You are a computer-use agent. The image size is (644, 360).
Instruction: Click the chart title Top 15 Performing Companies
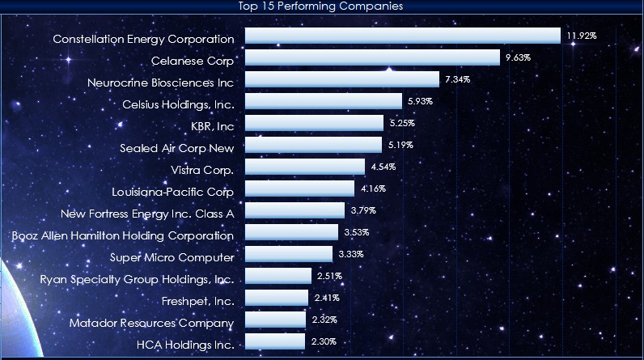tap(321, 6)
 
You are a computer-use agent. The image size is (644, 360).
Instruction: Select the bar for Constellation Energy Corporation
tap(402, 36)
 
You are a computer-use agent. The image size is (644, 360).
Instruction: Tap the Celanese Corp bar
tap(372, 58)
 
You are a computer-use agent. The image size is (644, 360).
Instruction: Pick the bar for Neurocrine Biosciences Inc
tap(342, 80)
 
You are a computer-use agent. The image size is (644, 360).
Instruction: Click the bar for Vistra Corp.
tap(304, 167)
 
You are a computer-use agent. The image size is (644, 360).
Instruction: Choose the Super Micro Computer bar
tap(288, 255)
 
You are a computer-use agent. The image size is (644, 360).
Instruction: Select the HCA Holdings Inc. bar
tap(275, 342)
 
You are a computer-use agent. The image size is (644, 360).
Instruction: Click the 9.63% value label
tap(518, 57)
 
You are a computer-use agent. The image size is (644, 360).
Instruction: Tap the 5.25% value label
tap(401, 123)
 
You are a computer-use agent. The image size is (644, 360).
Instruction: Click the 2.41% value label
tap(326, 298)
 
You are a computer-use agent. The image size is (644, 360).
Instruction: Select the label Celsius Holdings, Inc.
tap(178, 104)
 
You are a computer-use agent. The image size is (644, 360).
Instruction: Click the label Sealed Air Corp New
tap(176, 147)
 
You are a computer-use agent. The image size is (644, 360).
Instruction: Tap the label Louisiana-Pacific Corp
tap(173, 192)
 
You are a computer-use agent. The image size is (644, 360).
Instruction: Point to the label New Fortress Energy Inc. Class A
tap(147, 214)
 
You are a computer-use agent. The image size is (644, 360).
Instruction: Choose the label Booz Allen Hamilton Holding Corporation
tap(123, 235)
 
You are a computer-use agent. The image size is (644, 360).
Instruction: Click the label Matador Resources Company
tap(151, 323)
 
